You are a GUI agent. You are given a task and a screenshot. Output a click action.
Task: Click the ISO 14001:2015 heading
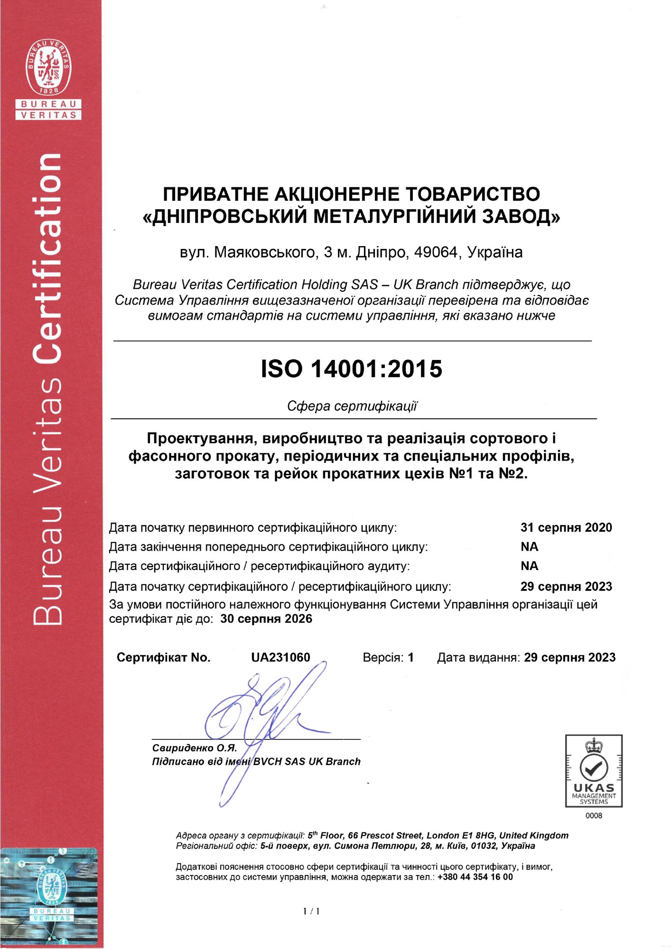click(x=351, y=369)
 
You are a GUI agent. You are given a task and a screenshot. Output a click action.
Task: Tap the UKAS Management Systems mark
click(x=593, y=771)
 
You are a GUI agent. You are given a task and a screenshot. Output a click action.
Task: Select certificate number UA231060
click(x=280, y=658)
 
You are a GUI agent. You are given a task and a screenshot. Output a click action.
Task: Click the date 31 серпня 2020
click(x=566, y=527)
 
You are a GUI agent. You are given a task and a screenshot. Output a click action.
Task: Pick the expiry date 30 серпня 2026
click(x=266, y=619)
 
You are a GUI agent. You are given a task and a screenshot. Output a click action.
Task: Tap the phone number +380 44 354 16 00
click(x=475, y=877)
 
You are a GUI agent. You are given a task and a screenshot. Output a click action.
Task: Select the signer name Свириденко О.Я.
click(x=195, y=748)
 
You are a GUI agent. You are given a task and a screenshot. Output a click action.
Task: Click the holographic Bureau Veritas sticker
click(x=49, y=896)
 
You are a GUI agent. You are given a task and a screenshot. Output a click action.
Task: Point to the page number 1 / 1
click(x=311, y=911)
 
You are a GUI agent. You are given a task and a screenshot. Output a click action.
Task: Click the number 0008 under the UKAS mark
click(x=594, y=816)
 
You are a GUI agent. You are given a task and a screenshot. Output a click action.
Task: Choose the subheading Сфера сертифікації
click(x=352, y=406)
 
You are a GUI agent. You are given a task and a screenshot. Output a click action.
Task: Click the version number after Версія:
click(x=411, y=658)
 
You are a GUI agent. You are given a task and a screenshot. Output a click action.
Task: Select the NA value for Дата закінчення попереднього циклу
click(x=530, y=547)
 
